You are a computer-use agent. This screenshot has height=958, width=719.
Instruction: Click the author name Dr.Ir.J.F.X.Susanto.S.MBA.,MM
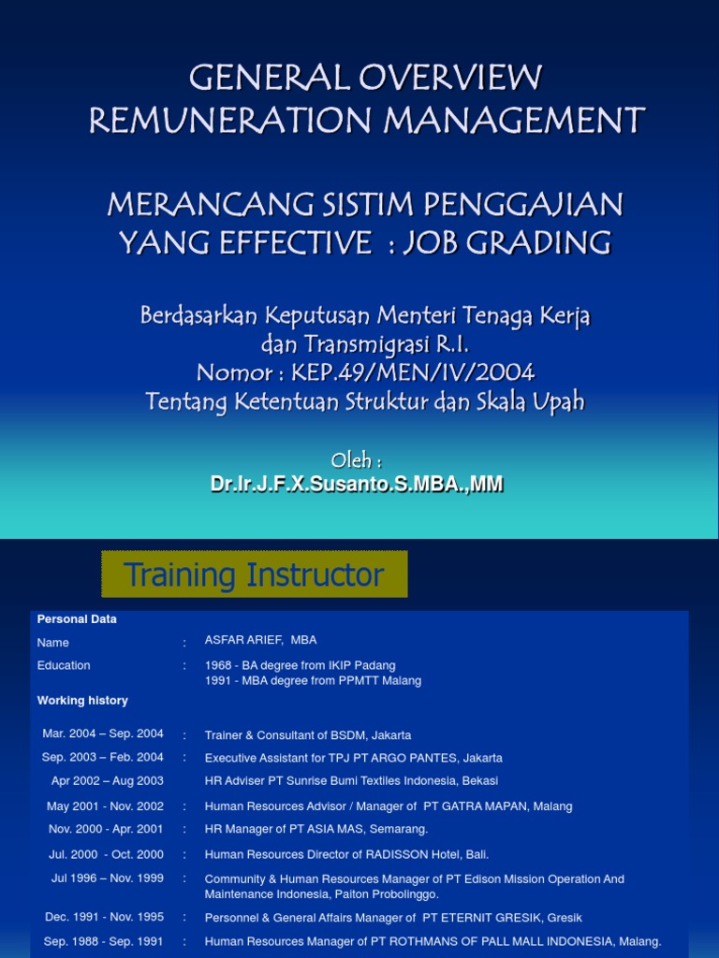pos(357,484)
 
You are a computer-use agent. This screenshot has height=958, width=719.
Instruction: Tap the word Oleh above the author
pos(357,459)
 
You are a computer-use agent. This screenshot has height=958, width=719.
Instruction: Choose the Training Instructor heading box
pos(254,574)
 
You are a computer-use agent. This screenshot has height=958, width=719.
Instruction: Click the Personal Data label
pos(77,619)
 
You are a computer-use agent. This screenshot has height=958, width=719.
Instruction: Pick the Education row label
pos(64,665)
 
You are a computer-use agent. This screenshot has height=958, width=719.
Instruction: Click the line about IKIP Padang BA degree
pos(300,665)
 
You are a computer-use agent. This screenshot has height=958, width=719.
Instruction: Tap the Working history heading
pos(82,700)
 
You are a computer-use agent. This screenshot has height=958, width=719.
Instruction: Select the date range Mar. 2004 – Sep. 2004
pos(103,734)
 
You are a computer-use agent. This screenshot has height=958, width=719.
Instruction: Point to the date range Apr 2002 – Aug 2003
pos(107,780)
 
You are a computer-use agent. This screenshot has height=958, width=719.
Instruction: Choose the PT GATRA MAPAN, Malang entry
pos(388,806)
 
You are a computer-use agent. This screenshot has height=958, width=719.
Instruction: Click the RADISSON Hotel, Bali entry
pos(346,854)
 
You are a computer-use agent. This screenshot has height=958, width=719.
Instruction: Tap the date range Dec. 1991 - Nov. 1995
pos(104,918)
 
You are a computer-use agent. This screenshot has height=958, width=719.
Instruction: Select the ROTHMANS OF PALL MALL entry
pos(433,941)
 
